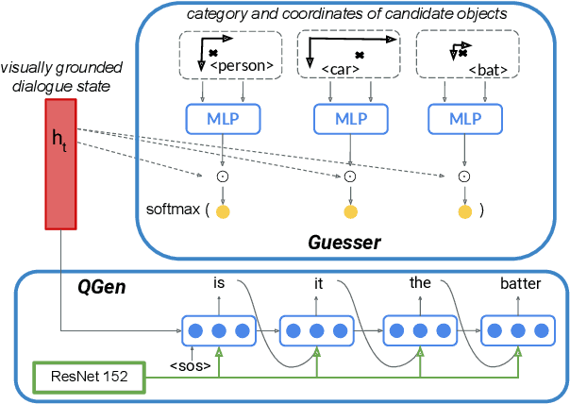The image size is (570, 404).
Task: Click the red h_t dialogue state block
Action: pyautogui.click(x=61, y=162)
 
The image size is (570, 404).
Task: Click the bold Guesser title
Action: pyautogui.click(x=344, y=243)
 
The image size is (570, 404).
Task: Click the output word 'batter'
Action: pyautogui.click(x=519, y=282)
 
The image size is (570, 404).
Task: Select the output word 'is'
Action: pyautogui.click(x=218, y=282)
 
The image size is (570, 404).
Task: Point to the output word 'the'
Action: pyautogui.click(x=419, y=282)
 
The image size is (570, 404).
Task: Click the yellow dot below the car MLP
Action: pyautogui.click(x=349, y=211)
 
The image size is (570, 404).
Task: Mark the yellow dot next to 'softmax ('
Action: pyautogui.click(x=223, y=211)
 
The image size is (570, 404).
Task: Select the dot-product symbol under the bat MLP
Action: pyautogui.click(x=463, y=176)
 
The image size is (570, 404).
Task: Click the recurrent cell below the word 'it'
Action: pyautogui.click(x=318, y=331)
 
